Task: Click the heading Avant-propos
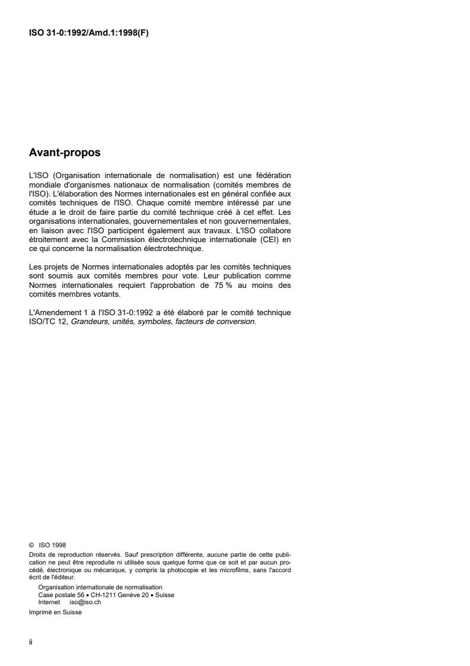[x=65, y=153]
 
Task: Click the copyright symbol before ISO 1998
[x=31, y=544]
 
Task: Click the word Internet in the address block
[x=49, y=601]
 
